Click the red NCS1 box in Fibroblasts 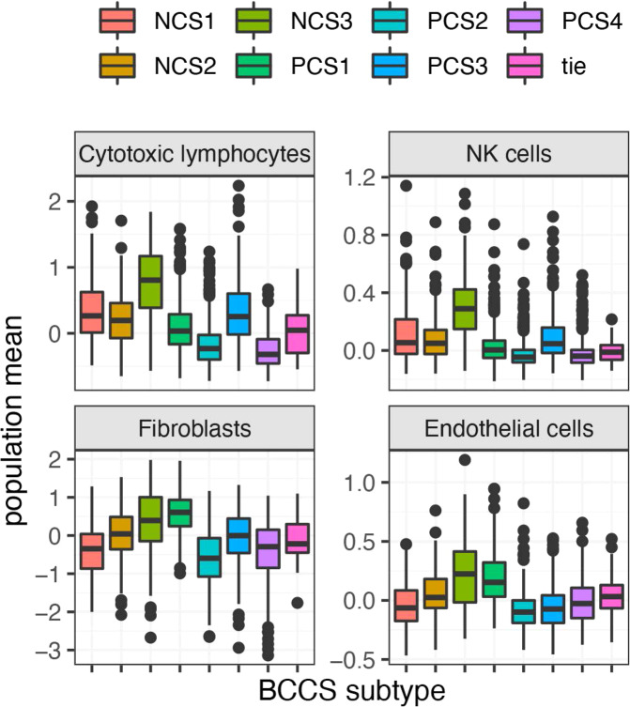coord(91,551)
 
